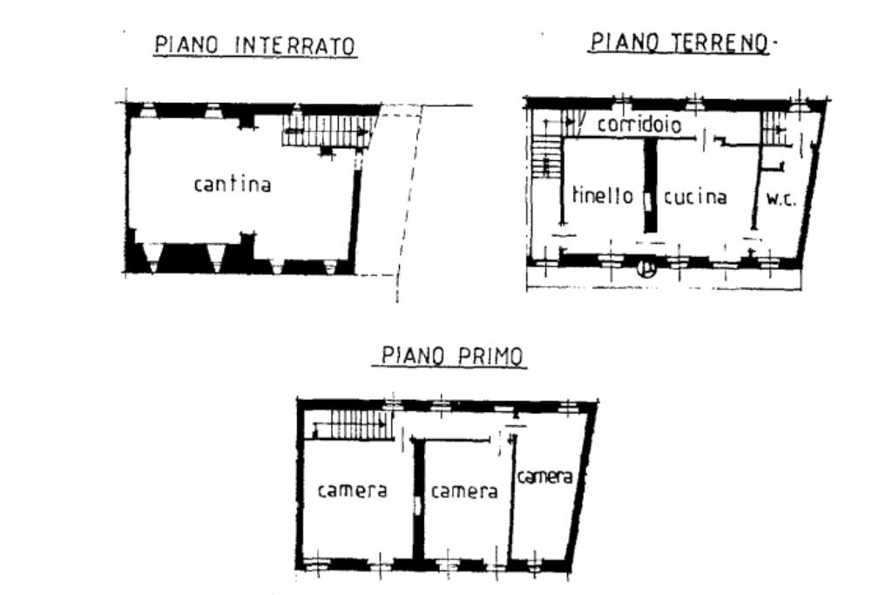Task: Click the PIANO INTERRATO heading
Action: point(255,45)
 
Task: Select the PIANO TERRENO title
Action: point(681,42)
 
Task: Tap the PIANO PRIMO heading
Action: point(454,356)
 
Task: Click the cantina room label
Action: point(233,185)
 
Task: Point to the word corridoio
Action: point(639,125)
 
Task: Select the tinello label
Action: point(603,196)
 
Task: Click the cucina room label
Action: point(695,197)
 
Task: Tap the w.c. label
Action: point(780,199)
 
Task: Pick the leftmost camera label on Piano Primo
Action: point(352,490)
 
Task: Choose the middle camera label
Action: point(464,491)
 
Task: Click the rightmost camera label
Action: point(544,477)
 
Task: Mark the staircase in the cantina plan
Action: point(327,133)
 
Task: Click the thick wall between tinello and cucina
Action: point(650,184)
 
